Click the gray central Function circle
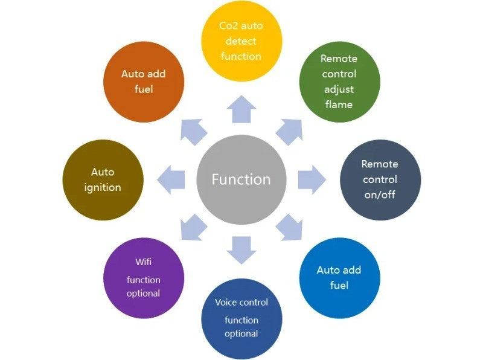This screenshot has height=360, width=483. click(241, 179)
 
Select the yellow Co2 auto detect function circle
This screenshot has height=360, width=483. click(241, 41)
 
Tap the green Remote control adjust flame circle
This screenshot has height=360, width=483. click(339, 82)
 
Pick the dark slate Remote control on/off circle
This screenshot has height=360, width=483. click(380, 179)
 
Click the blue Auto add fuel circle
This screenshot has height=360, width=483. click(339, 278)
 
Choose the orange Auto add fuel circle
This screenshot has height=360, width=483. click(144, 82)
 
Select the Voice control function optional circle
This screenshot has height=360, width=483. click(241, 318)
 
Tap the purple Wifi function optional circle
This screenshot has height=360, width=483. click(144, 278)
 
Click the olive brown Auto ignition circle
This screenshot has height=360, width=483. click(103, 179)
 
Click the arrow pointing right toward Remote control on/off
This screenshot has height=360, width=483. click(311, 179)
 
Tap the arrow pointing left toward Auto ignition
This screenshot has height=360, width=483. click(171, 179)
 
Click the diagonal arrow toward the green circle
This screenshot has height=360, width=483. click(289, 131)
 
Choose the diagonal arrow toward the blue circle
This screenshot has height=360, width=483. click(289, 228)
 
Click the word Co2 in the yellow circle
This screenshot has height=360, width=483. click(228, 26)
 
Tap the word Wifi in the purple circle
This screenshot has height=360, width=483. click(144, 263)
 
